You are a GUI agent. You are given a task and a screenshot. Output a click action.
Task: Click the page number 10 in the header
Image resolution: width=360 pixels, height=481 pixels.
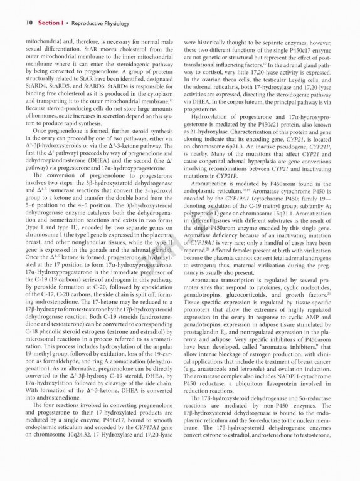point(29,22)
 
